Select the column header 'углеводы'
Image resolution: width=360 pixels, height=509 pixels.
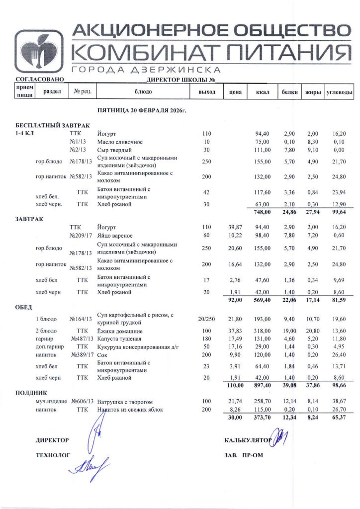[x=339, y=92]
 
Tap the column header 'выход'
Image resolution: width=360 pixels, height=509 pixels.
[x=207, y=92]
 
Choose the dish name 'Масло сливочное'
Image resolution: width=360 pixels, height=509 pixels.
[x=120, y=142]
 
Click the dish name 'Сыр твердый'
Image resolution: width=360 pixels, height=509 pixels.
[x=114, y=150]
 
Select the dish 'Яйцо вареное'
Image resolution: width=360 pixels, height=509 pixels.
[x=115, y=236]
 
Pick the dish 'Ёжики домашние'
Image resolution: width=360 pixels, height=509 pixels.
[x=120, y=331]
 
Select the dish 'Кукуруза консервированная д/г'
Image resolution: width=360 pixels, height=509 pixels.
[x=137, y=348]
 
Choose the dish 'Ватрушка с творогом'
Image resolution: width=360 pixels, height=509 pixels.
[x=125, y=401]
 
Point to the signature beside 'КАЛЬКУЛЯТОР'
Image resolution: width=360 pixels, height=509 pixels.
[x=280, y=438]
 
